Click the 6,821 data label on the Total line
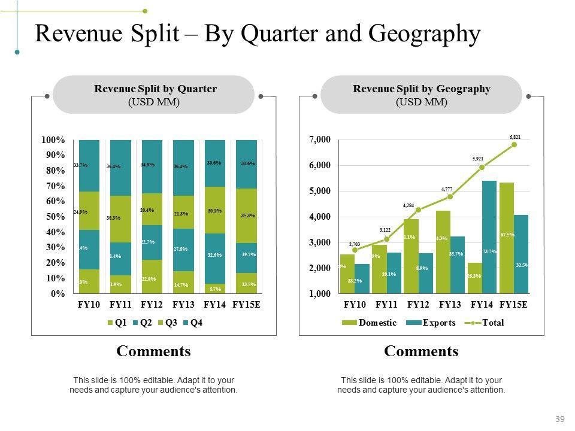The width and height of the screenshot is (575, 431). (x=515, y=137)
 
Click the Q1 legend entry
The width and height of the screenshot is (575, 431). (x=117, y=323)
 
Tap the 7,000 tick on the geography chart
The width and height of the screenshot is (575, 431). (x=320, y=139)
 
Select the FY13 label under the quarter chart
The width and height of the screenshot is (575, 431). (x=183, y=304)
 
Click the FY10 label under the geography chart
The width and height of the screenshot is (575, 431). (x=355, y=304)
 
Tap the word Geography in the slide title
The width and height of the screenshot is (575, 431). (x=425, y=34)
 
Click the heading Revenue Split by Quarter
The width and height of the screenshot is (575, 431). (x=155, y=89)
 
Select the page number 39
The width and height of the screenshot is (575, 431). (x=561, y=418)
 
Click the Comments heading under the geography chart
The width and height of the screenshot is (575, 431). (x=421, y=351)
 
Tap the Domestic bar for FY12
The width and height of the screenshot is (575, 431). (x=410, y=256)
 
